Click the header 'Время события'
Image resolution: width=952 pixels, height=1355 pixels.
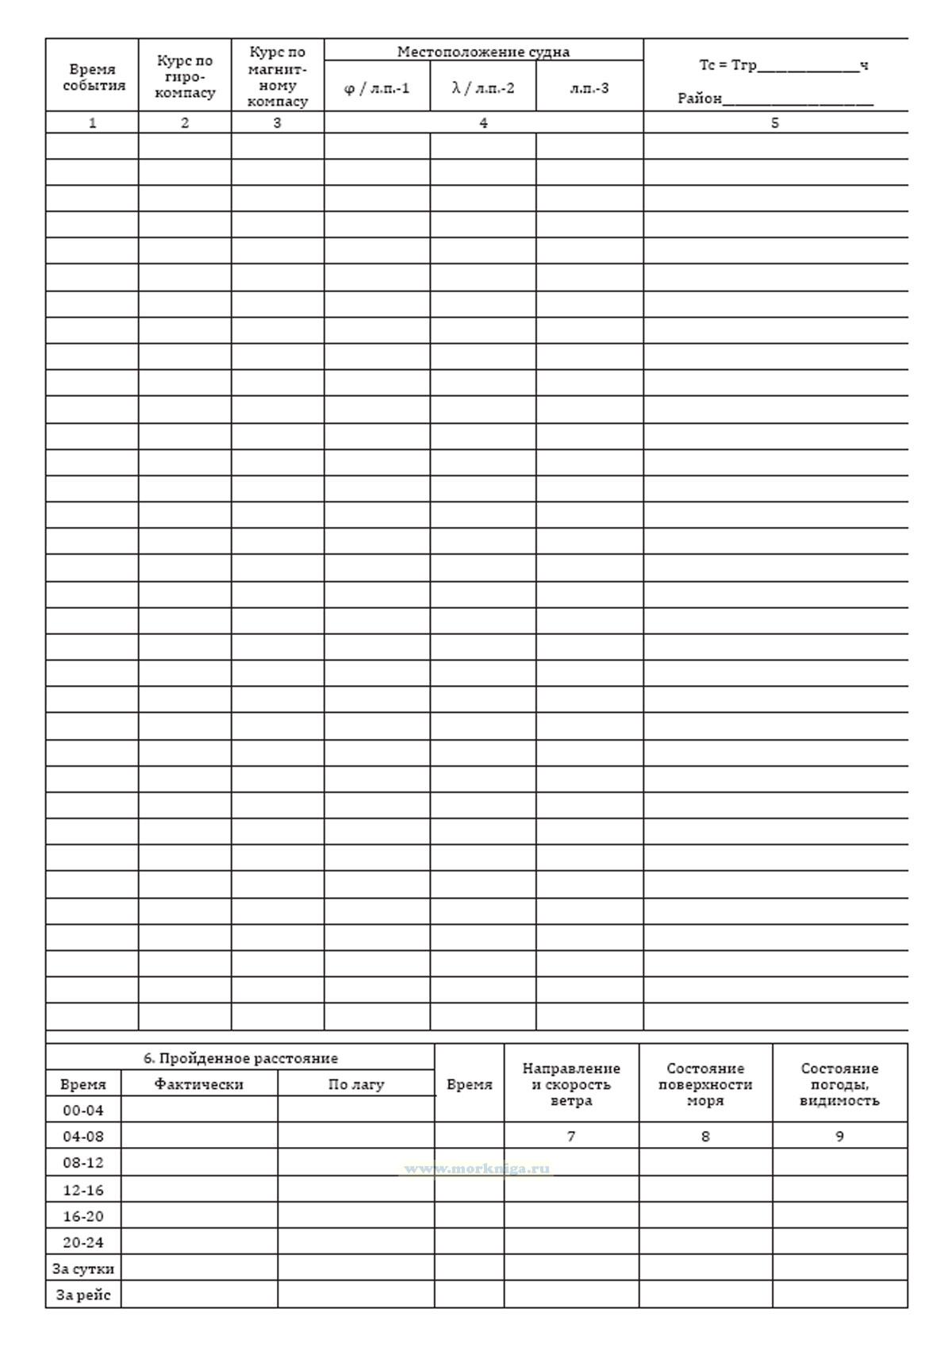(x=92, y=78)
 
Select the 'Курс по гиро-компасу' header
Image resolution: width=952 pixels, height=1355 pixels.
(x=185, y=76)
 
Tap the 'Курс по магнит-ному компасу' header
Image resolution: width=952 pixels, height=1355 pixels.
(x=278, y=77)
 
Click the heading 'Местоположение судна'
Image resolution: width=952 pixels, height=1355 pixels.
(x=483, y=52)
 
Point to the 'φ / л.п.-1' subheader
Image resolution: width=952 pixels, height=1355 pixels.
(x=377, y=87)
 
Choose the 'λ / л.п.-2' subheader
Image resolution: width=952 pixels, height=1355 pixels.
(x=483, y=87)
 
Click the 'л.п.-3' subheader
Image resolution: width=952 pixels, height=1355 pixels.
(x=589, y=87)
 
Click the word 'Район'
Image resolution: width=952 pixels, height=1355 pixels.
(x=699, y=98)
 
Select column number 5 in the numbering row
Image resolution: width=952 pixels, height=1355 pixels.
(x=775, y=123)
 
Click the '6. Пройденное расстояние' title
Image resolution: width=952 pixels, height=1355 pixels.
(x=240, y=1058)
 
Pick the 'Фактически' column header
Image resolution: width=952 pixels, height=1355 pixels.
(x=199, y=1084)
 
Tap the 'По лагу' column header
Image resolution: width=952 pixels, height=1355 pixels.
(x=356, y=1084)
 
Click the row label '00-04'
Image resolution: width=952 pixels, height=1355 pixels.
(x=83, y=1110)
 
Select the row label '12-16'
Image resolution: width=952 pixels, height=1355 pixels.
(x=83, y=1189)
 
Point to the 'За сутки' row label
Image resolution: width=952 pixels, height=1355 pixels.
(x=83, y=1268)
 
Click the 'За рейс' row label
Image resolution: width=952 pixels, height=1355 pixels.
(x=83, y=1295)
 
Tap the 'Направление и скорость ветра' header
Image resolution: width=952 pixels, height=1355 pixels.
(x=571, y=1084)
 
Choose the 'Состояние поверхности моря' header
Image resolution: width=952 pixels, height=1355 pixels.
(x=705, y=1084)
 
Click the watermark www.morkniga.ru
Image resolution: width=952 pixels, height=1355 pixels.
(x=477, y=1168)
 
